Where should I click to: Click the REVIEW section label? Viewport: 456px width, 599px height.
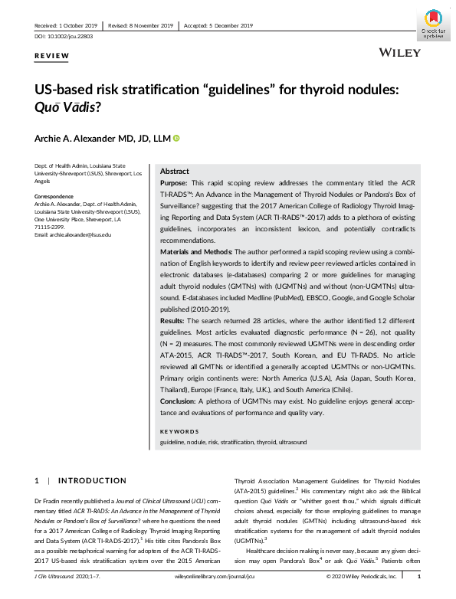(52, 56)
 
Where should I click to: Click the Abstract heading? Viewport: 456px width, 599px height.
(174, 172)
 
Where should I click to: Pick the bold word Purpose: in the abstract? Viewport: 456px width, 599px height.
(176, 185)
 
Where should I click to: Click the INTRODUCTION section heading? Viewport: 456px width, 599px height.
(92, 480)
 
